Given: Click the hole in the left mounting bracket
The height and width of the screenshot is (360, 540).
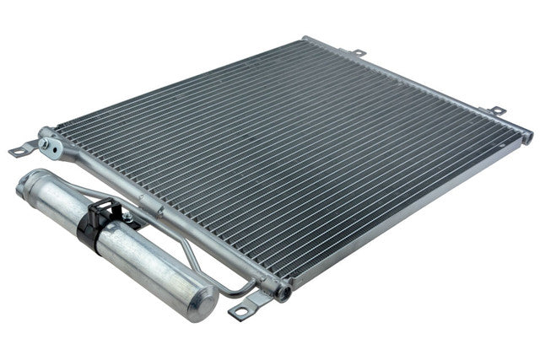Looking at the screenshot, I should point(18,153).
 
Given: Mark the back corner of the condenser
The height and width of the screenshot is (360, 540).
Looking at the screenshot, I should point(305,39).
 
